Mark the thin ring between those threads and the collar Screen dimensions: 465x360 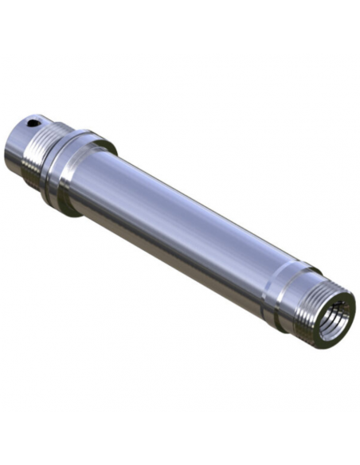point(50,159)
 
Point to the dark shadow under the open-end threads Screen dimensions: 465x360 point(303,334)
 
